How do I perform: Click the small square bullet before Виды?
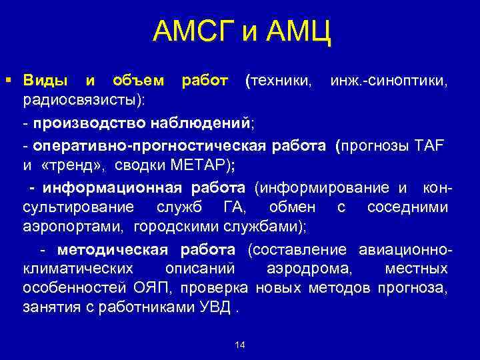point(7,81)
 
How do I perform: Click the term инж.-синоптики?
point(389,81)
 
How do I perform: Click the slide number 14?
point(241,345)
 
